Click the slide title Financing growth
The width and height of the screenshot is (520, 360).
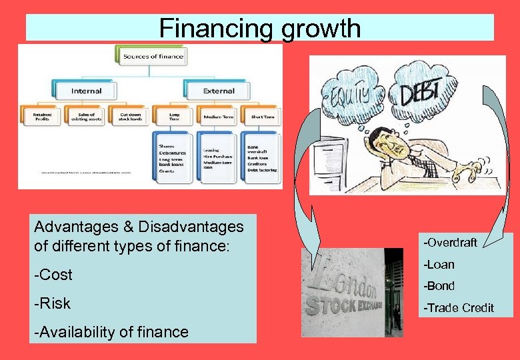point(260,29)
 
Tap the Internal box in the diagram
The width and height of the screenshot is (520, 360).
point(87,90)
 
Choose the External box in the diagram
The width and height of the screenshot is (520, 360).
point(219,90)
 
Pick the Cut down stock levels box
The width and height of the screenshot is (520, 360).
point(129,116)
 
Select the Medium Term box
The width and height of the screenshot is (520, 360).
point(217,117)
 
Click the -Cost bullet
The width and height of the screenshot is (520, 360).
point(53,275)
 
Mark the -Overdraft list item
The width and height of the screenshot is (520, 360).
point(451,242)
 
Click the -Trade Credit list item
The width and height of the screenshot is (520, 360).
point(460,308)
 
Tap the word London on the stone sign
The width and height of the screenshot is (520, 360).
point(347,280)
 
